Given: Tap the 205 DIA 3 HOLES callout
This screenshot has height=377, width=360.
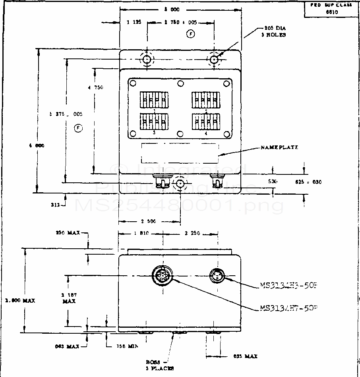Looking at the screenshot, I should click(275, 31).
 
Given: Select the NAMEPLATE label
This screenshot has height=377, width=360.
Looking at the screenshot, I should click(279, 147).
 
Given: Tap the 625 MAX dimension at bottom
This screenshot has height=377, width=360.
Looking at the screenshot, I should click(245, 356).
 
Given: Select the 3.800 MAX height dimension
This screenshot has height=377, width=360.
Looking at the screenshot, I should click(20, 301).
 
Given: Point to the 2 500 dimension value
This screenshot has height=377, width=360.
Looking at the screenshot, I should click(149, 221).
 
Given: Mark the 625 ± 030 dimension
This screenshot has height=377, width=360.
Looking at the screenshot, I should click(308, 182).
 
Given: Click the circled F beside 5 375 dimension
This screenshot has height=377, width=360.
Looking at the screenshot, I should click(78, 128).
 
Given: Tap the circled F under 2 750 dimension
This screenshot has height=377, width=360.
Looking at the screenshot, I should click(191, 35).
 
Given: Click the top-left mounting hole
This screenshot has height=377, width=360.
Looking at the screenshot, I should click(147, 60).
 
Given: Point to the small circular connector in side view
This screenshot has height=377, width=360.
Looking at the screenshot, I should click(219, 275).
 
